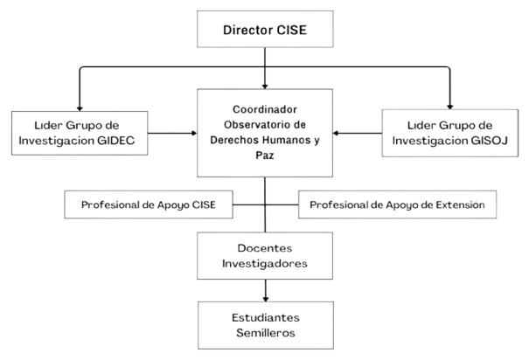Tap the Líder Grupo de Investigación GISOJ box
450,133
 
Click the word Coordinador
265,108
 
